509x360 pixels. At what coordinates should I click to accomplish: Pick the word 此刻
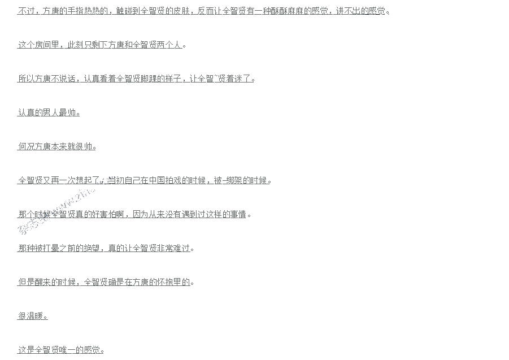tap(76, 45)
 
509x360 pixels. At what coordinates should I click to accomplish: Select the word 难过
tap(182, 248)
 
